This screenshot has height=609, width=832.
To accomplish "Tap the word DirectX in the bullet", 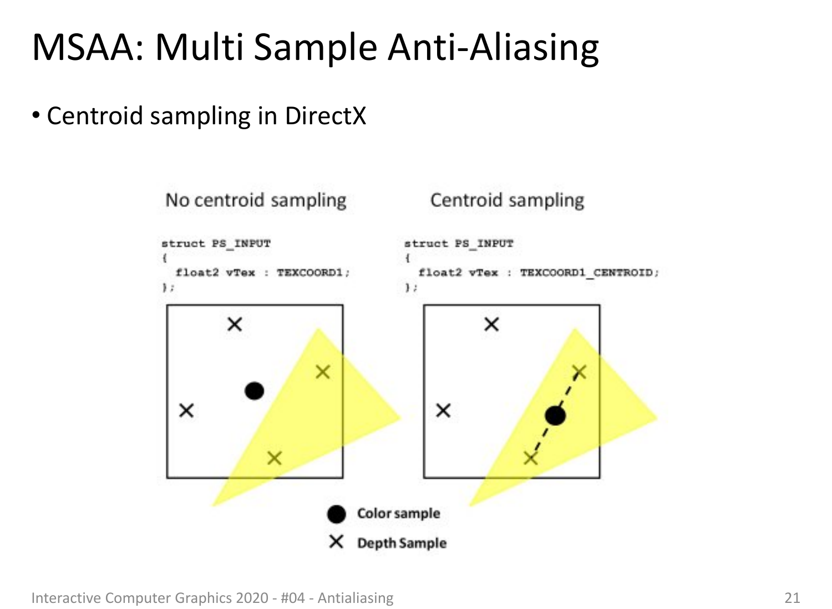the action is click(x=326, y=116).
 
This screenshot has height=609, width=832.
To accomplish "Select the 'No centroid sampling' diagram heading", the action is click(x=256, y=201).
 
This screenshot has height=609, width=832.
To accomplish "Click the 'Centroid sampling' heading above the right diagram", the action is click(x=507, y=201).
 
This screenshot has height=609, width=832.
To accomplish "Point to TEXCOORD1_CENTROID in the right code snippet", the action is click(x=589, y=273).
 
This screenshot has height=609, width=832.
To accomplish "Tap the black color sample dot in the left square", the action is click(x=255, y=391).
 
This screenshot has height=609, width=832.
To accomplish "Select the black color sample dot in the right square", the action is click(x=555, y=415).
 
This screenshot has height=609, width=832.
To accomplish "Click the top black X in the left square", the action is click(x=235, y=324).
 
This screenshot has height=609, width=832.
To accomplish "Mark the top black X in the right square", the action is click(x=491, y=324).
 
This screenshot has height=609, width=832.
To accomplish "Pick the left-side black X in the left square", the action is click(x=186, y=410).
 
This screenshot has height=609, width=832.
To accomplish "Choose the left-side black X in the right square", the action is click(x=443, y=410).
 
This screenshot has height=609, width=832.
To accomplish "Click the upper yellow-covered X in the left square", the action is click(x=323, y=372).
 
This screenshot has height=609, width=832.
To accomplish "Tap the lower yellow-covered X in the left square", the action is click(x=275, y=458).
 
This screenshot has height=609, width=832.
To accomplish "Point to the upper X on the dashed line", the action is click(x=580, y=372).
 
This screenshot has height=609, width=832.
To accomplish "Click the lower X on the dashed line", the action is click(x=531, y=458).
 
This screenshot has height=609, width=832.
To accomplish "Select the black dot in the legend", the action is click(x=337, y=514).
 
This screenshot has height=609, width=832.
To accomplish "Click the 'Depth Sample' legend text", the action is click(x=402, y=543).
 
